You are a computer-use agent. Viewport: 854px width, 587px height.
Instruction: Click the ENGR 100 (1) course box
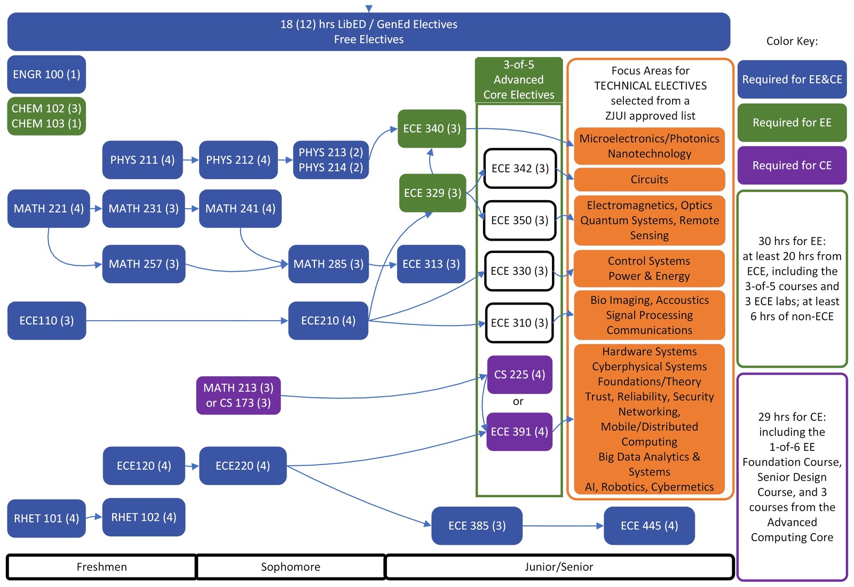(46, 74)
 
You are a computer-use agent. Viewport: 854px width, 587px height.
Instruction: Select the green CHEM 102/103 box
(46, 116)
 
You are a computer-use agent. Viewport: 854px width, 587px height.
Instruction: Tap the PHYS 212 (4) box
(238, 160)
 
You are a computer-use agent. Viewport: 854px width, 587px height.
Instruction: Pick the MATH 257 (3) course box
(144, 264)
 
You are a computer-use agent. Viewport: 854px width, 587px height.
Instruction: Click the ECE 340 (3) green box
(432, 129)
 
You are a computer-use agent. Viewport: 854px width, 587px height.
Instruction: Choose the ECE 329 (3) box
(432, 193)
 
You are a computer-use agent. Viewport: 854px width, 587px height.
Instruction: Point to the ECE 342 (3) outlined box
(520, 169)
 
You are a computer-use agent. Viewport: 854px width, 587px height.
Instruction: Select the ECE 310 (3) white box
(519, 323)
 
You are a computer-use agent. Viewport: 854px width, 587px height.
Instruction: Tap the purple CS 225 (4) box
(519, 375)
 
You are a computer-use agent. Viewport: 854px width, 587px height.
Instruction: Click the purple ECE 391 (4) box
(519, 432)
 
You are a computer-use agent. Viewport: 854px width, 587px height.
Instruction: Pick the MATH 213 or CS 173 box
(238, 395)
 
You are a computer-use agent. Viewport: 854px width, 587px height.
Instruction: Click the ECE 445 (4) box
(649, 526)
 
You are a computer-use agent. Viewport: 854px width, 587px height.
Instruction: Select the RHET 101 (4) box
(46, 518)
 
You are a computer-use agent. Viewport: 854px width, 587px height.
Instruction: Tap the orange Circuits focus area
(649, 179)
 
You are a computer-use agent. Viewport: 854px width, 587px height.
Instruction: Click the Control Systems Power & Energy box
(649, 268)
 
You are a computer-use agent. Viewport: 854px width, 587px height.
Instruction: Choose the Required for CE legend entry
(792, 165)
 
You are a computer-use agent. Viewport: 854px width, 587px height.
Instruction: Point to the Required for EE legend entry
(792, 123)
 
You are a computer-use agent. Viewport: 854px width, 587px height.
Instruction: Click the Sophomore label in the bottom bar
(290, 567)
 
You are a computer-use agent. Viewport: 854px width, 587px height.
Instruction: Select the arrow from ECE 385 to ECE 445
(563, 526)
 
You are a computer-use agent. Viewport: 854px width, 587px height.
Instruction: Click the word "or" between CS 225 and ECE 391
(518, 401)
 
